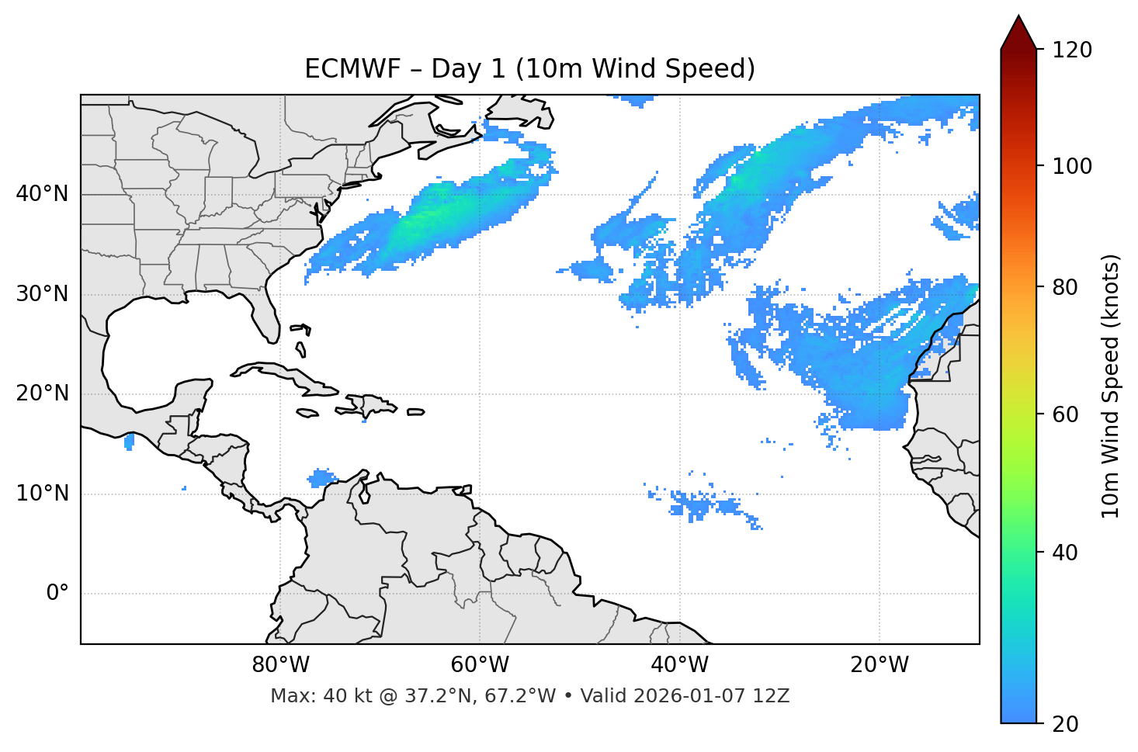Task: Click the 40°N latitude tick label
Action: (42, 194)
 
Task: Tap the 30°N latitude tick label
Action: (42, 294)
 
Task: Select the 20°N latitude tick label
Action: (42, 394)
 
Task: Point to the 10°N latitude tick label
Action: (42, 494)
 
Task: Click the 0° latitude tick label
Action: (57, 594)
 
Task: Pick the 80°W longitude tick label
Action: (280, 665)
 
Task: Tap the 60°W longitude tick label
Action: (480, 665)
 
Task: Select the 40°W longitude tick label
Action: (679, 665)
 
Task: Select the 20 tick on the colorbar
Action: (1065, 724)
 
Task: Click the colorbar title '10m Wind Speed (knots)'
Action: (1111, 386)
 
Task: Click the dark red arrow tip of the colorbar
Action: (1018, 31)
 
